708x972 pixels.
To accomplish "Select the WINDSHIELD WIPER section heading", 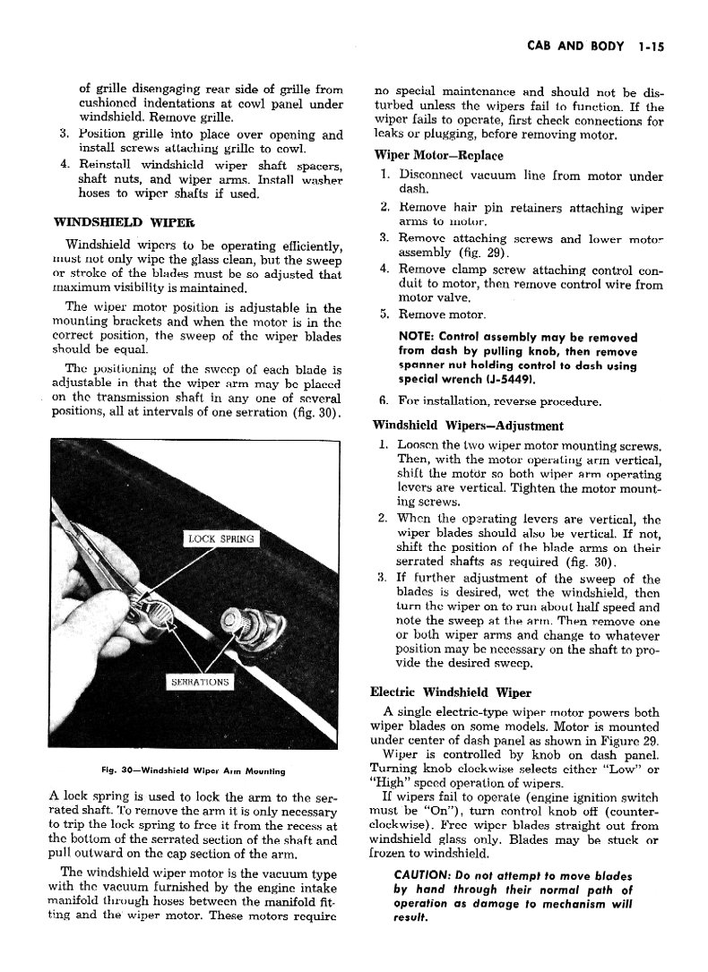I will pos(113,220).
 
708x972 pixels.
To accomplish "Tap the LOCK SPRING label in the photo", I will pos(220,538).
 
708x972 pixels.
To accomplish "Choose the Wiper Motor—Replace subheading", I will pos(427,153).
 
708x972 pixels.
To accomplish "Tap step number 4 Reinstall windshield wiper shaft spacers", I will pos(65,165).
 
